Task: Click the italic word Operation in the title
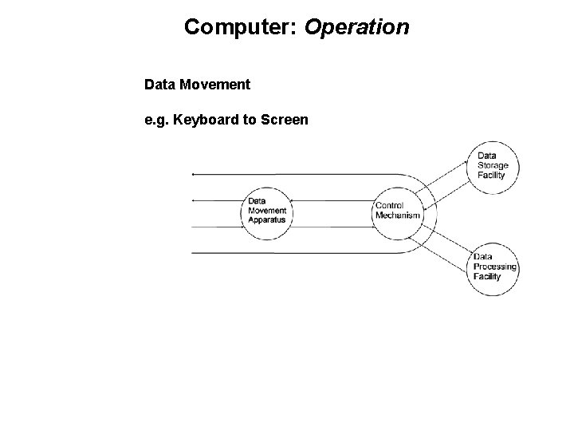(356, 28)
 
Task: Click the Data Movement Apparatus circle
(266, 211)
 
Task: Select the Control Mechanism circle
(397, 211)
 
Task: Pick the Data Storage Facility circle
(492, 166)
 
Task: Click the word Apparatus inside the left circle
(266, 219)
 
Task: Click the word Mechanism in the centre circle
(397, 215)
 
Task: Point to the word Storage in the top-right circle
(493, 165)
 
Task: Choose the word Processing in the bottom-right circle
(495, 267)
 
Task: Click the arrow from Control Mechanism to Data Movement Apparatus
(332, 201)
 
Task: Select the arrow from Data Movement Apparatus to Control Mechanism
(332, 226)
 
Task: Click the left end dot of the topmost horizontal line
(194, 174)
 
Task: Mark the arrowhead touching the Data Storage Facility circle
(468, 160)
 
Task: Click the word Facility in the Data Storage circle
(491, 175)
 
